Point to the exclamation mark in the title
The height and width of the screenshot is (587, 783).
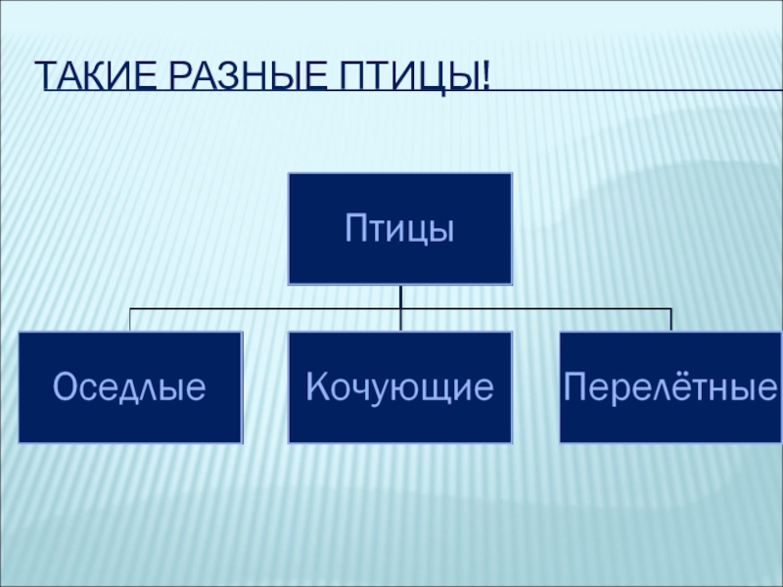[485, 75]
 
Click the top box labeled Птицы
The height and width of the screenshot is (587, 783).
[399, 228]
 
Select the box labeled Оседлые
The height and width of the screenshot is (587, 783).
[129, 387]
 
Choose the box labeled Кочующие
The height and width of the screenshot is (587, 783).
[399, 387]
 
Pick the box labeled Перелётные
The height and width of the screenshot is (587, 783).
[670, 387]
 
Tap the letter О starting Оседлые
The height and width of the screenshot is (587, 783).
[65, 387]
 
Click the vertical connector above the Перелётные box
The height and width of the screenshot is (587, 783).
[670, 320]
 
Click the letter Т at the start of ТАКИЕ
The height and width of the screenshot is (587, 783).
[45, 75]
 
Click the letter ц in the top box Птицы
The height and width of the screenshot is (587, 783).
[417, 232]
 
